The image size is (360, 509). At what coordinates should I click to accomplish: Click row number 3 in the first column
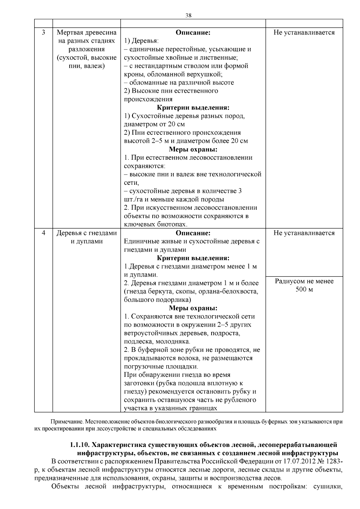coord(43,32)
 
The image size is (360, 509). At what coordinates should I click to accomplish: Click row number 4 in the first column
coord(43,233)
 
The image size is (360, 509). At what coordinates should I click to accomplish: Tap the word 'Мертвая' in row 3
coord(70,32)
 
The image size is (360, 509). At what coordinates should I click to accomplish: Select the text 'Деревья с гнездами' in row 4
coord(87,233)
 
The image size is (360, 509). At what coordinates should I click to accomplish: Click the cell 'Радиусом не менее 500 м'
coord(304,285)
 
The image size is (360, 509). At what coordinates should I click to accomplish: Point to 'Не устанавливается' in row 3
coord(304,32)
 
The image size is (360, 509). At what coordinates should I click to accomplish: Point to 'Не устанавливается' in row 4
coord(304,233)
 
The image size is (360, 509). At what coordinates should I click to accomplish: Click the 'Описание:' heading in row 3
coord(193,32)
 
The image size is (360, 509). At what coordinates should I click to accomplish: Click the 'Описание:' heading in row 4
coord(193,233)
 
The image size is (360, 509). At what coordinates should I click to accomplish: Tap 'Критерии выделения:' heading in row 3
coord(193,107)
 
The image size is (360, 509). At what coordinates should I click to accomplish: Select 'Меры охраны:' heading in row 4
coord(193,308)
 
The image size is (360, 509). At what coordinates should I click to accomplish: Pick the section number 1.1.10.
coord(79,445)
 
